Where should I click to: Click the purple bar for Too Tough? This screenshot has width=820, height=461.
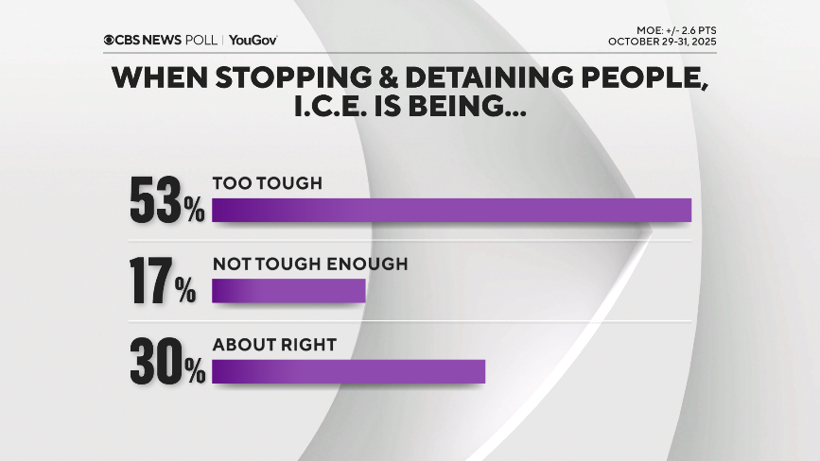(x=451, y=210)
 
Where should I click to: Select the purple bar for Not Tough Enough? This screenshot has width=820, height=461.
(x=288, y=291)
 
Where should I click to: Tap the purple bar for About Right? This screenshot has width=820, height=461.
(x=348, y=372)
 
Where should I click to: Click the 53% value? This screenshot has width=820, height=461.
(x=166, y=199)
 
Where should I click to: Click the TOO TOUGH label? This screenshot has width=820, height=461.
(x=268, y=183)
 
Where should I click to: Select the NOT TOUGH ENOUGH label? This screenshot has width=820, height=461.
(x=310, y=265)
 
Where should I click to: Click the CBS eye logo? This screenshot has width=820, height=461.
(x=111, y=41)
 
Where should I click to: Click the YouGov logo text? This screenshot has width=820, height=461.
(x=253, y=41)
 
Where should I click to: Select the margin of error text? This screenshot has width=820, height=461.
(x=670, y=30)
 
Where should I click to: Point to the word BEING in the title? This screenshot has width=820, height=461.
(x=473, y=108)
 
